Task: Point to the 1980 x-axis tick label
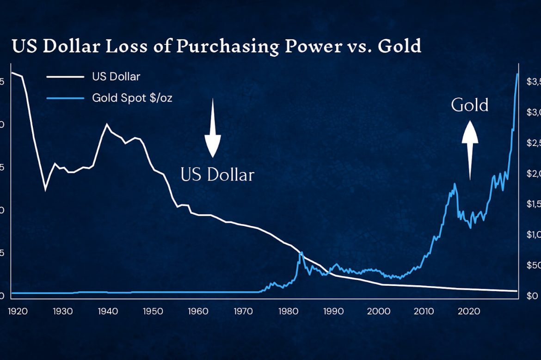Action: tap(289, 311)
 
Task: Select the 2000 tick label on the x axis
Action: tap(379, 311)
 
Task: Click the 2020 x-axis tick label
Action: tap(470, 311)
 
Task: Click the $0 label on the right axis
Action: tap(532, 296)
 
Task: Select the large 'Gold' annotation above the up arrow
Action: tap(470, 105)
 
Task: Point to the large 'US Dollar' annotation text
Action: tap(217, 175)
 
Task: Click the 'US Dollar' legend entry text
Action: tap(116, 77)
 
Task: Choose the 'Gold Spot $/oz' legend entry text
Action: tap(132, 98)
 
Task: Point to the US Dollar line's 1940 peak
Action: tap(107, 124)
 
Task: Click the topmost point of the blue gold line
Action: tap(517, 73)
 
